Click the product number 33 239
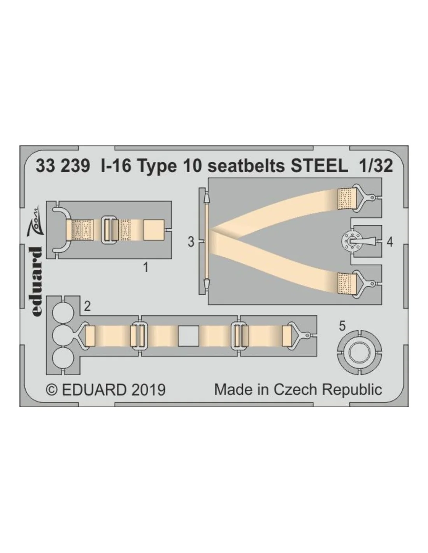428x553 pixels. click(63, 166)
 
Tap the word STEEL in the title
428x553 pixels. click(319, 166)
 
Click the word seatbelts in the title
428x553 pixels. click(246, 166)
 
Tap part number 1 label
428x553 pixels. click(146, 268)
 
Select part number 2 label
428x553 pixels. click(87, 306)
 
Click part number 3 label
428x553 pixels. click(191, 242)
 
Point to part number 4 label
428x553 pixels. click(389, 242)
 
